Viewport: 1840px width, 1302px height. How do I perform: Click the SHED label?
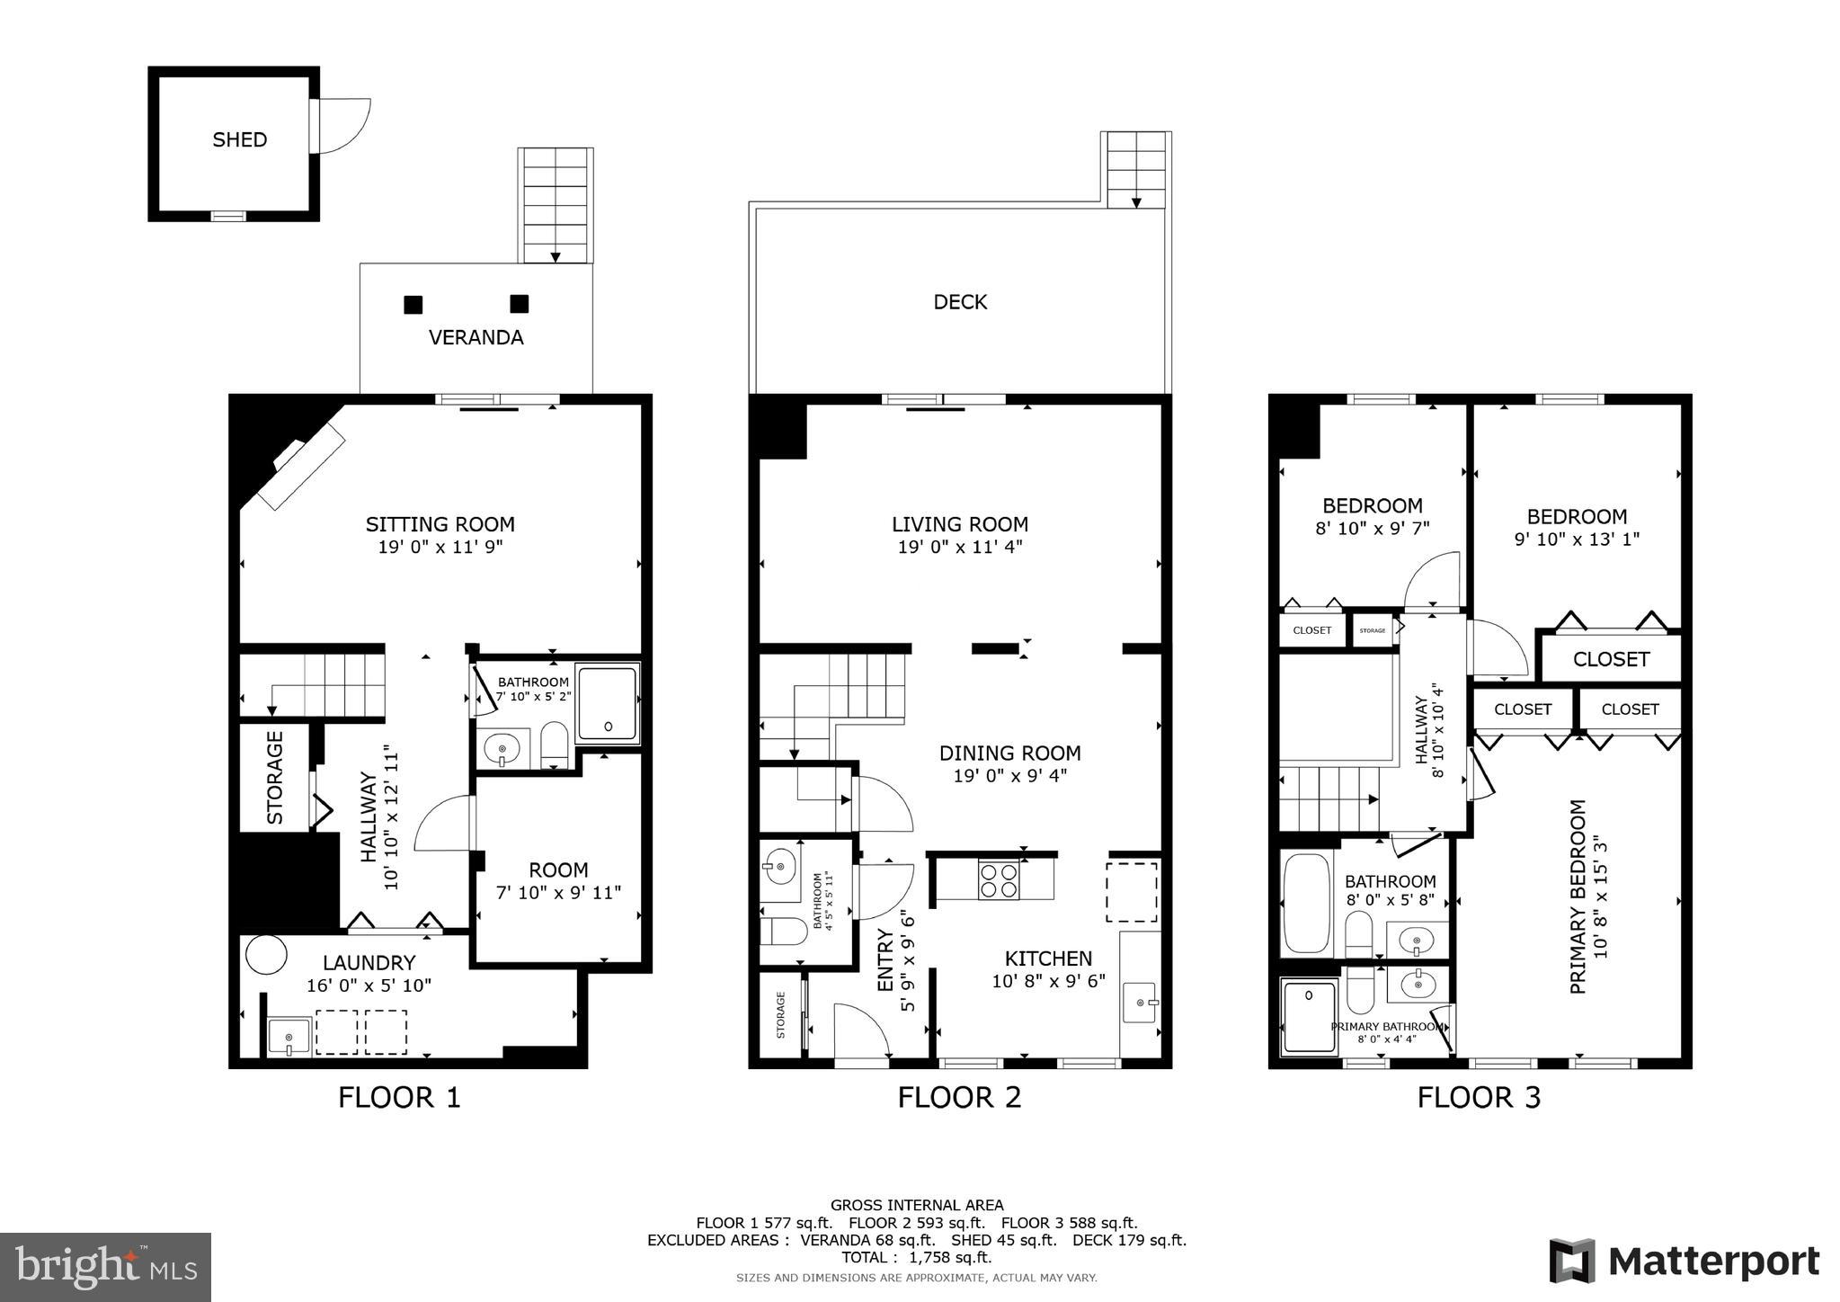point(239,139)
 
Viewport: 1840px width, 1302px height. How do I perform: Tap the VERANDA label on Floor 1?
point(476,337)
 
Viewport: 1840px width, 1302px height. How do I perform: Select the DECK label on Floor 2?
point(960,302)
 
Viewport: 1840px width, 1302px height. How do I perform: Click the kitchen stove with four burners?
point(999,878)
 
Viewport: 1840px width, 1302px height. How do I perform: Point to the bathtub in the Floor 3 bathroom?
point(1306,903)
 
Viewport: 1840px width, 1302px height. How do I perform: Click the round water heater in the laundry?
point(267,955)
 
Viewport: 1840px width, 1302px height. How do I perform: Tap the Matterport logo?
point(1684,1261)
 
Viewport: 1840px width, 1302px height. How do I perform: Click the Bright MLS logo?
point(105,1267)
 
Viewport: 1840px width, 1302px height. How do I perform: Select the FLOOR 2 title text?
point(959,1097)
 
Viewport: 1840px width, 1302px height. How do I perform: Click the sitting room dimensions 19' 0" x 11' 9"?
point(440,547)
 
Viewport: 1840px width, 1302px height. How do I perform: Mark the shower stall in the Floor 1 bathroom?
point(608,704)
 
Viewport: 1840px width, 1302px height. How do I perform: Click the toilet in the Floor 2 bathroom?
point(783,931)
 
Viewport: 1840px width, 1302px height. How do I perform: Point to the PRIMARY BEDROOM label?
point(1578,896)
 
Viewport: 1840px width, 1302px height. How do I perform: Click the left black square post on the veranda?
point(413,305)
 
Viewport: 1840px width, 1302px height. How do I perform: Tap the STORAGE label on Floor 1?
point(275,777)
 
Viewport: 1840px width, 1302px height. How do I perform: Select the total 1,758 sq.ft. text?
point(916,1257)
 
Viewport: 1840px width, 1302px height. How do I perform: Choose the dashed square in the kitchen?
point(1131,891)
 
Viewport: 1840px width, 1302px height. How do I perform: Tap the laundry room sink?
point(289,1037)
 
